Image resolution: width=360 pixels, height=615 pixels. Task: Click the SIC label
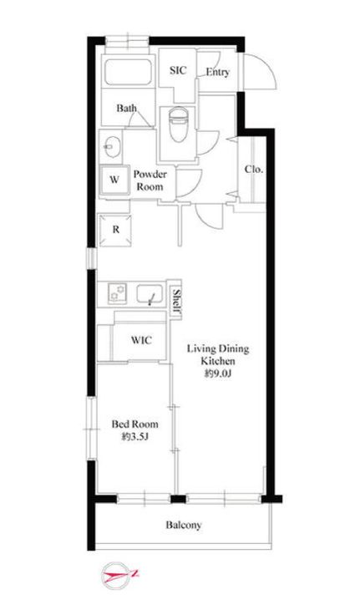(178, 70)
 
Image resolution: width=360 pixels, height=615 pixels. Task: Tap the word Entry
(218, 72)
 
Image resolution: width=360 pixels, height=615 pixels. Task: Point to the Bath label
(127, 108)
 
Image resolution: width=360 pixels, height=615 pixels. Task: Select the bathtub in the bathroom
(129, 71)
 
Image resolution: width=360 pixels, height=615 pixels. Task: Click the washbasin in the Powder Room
(111, 147)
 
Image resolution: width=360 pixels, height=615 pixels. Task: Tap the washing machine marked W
(114, 180)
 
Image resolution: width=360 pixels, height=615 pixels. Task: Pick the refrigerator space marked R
(115, 230)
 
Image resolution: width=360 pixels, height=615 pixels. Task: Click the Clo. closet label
(254, 170)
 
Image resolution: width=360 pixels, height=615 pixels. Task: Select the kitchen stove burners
(117, 293)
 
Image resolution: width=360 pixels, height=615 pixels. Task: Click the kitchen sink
(150, 294)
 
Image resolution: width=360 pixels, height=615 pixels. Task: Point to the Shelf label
(176, 301)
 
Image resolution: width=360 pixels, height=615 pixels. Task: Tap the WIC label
(141, 340)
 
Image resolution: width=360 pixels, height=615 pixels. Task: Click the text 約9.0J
(218, 374)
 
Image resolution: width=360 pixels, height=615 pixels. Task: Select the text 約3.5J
(134, 436)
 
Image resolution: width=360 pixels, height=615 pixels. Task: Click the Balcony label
(184, 525)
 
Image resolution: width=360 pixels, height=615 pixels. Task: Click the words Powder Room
(150, 180)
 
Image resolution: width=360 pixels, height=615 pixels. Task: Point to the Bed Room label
(135, 424)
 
